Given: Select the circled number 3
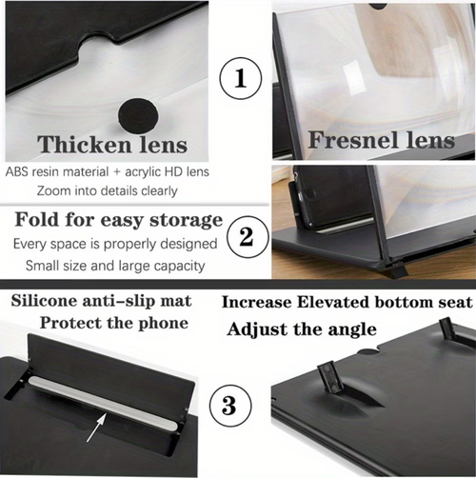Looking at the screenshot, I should click(x=228, y=405).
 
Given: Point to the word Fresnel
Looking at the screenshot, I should click(x=341, y=140).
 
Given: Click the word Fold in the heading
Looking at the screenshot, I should click(x=37, y=220).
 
